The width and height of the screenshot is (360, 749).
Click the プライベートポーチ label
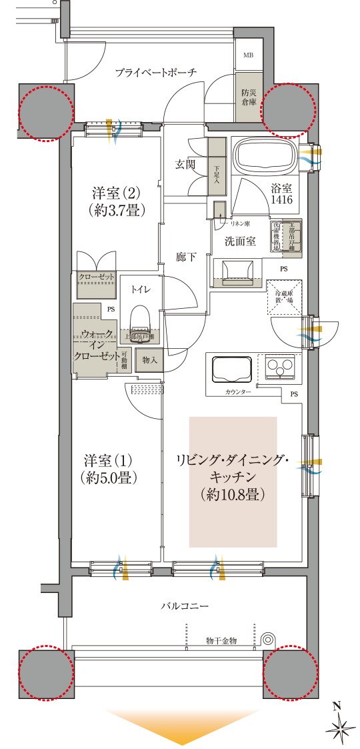pyautogui.click(x=155, y=73)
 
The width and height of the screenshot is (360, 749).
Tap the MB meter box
pyautogui.click(x=247, y=55)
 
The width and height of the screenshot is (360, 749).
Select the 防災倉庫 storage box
pyautogui.click(x=248, y=98)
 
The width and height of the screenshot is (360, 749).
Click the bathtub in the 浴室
pyautogui.click(x=267, y=156)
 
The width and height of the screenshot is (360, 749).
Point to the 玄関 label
pyautogui.click(x=185, y=164)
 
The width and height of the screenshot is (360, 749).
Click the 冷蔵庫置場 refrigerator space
pyautogui.click(x=285, y=297)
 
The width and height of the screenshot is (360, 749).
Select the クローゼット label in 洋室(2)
pyautogui.click(x=97, y=277)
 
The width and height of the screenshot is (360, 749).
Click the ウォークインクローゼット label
pyautogui.click(x=97, y=344)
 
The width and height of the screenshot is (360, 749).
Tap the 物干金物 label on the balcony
pyautogui.click(x=221, y=640)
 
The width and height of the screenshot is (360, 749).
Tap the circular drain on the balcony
pyautogui.click(x=268, y=638)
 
